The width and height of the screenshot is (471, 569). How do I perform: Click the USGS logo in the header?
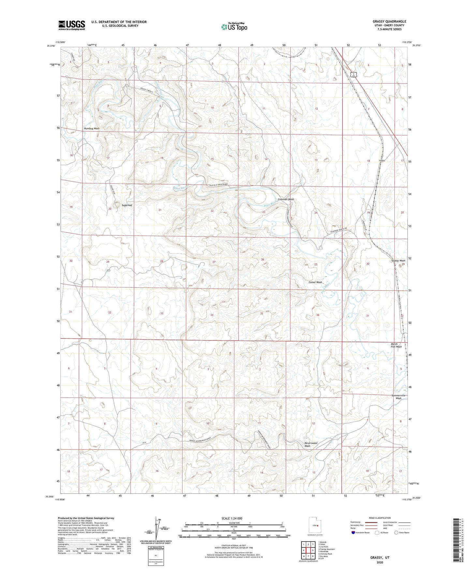point(72,25)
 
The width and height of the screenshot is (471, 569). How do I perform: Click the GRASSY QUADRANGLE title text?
point(389,22)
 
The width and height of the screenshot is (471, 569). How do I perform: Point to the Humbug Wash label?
point(92,128)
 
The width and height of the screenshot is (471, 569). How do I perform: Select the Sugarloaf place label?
point(127,206)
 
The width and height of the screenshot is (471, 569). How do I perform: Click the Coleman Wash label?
point(286,199)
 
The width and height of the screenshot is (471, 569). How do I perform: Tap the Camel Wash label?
point(315,282)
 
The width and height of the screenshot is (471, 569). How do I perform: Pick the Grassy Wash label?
point(398,261)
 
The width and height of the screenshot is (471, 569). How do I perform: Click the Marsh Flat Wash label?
point(396,345)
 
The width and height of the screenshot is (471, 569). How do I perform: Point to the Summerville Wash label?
point(398,397)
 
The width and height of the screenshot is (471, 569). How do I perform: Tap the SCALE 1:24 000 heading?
point(232,518)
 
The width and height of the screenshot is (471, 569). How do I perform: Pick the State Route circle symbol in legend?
point(396,533)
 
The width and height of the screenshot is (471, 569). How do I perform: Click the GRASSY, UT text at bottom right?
point(380,558)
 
